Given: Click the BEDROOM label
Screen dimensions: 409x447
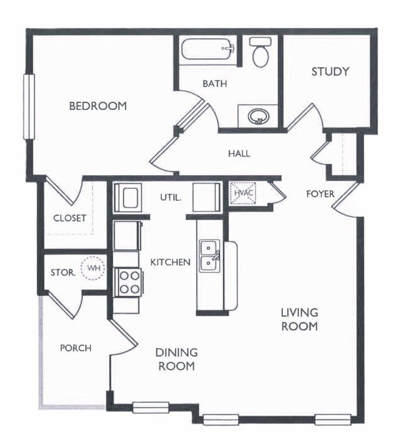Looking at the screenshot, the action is [x=98, y=106].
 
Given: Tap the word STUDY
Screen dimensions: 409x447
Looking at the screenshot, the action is [x=330, y=72].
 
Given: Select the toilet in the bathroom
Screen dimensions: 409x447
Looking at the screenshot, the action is [x=260, y=52].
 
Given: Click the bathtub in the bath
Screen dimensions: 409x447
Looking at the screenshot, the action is [x=208, y=49].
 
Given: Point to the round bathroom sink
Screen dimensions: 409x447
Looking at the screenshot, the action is [x=258, y=116].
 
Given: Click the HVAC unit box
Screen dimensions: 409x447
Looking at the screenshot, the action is [x=243, y=193].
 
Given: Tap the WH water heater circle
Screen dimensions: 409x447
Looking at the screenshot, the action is [x=93, y=268].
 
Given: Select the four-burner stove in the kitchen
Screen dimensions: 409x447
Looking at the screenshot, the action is [x=129, y=282].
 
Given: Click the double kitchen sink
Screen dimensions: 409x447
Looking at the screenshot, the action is [x=210, y=256].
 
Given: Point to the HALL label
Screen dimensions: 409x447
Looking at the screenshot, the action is [x=239, y=154].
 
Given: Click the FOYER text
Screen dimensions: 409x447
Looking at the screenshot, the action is [x=320, y=194].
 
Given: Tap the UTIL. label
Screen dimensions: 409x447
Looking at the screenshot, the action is [x=170, y=197].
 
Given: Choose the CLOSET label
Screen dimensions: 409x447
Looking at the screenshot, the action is [x=70, y=218].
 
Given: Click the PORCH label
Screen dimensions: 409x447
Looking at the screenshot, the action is [x=76, y=348].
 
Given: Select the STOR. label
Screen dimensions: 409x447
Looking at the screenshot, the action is [x=63, y=273].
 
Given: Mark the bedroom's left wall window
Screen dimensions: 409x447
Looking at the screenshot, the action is [x=29, y=106].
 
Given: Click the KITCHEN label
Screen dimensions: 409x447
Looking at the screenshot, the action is [x=170, y=262].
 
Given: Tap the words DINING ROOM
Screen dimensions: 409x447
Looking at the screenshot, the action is [x=176, y=359].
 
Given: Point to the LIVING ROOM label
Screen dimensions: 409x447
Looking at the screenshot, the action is [x=300, y=319].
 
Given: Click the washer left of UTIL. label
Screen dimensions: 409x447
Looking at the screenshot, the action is [x=128, y=197].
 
